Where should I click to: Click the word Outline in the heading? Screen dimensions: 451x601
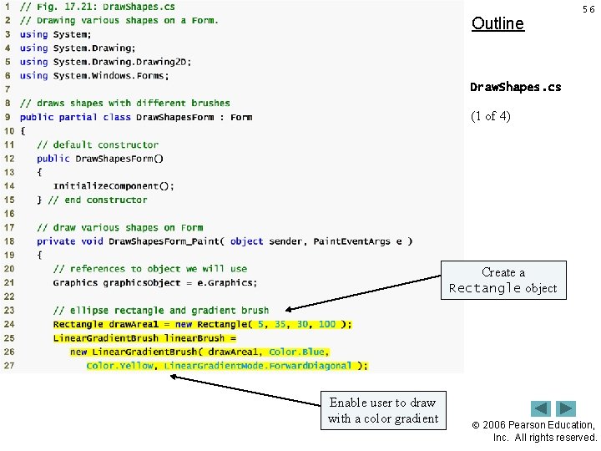[x=497, y=23]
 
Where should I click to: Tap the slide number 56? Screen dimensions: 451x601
[x=588, y=8]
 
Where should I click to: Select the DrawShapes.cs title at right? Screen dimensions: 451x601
[x=515, y=87]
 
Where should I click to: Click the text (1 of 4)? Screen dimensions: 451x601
[x=492, y=116]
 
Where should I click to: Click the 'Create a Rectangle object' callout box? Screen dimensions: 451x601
[x=503, y=281]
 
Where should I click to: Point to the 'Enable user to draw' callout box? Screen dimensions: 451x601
[x=382, y=410]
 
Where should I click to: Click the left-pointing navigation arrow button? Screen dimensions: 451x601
[x=541, y=408]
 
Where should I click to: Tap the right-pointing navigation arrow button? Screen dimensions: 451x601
[x=566, y=408]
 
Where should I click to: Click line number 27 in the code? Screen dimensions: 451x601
[x=8, y=365]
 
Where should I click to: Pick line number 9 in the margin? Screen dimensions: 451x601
[x=8, y=117]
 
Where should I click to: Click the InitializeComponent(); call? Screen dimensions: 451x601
[x=114, y=186]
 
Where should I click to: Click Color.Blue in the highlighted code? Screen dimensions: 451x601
[x=298, y=352]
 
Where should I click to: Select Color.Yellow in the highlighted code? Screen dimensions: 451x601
[x=120, y=365]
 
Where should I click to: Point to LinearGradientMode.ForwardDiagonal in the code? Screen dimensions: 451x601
[x=260, y=365]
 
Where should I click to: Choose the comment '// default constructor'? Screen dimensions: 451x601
[x=98, y=144]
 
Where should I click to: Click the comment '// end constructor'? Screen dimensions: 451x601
[x=98, y=200]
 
